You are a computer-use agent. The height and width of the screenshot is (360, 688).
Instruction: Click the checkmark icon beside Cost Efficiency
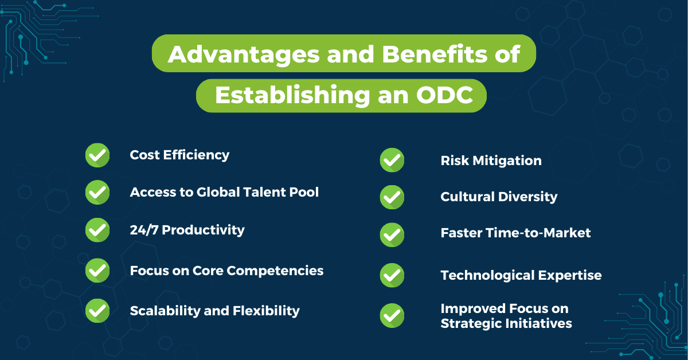pos(97,155)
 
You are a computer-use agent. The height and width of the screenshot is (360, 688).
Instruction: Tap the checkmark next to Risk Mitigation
pos(392,160)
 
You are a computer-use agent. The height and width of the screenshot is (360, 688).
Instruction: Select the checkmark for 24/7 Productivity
pos(97,230)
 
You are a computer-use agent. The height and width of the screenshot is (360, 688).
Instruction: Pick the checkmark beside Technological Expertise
pos(392,275)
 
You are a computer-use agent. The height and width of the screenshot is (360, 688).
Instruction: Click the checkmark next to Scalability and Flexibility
pos(97,311)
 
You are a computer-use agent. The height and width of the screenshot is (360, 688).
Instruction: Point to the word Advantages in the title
pos(244,55)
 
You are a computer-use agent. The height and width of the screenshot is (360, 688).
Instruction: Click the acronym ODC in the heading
pos(444,95)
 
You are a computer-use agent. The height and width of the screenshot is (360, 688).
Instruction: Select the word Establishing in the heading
pos(292,96)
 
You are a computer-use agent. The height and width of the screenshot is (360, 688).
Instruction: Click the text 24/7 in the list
pos(144,230)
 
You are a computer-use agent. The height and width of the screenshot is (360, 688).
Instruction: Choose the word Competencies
pos(275,271)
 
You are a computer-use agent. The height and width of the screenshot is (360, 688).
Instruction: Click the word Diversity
pos(527,197)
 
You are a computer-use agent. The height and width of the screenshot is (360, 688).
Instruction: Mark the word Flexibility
pos(266,311)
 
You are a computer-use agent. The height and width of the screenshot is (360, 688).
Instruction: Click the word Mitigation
pos(507,161)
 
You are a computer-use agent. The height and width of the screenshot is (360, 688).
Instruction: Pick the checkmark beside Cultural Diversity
pos(392,197)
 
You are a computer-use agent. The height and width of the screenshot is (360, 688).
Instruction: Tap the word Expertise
pos(570,276)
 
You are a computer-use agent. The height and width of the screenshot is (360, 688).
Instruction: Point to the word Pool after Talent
pos(304,192)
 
